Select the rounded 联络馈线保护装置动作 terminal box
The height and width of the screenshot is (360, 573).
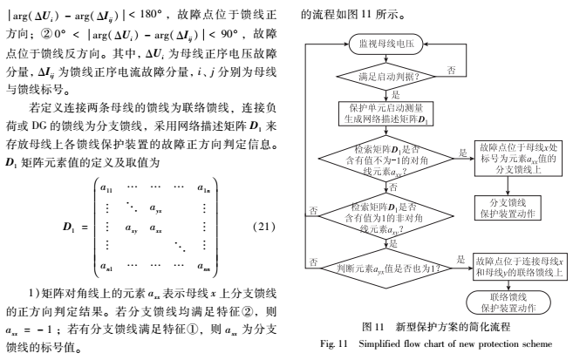[509, 302]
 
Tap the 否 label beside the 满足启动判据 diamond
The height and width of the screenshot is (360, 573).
[450, 68]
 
